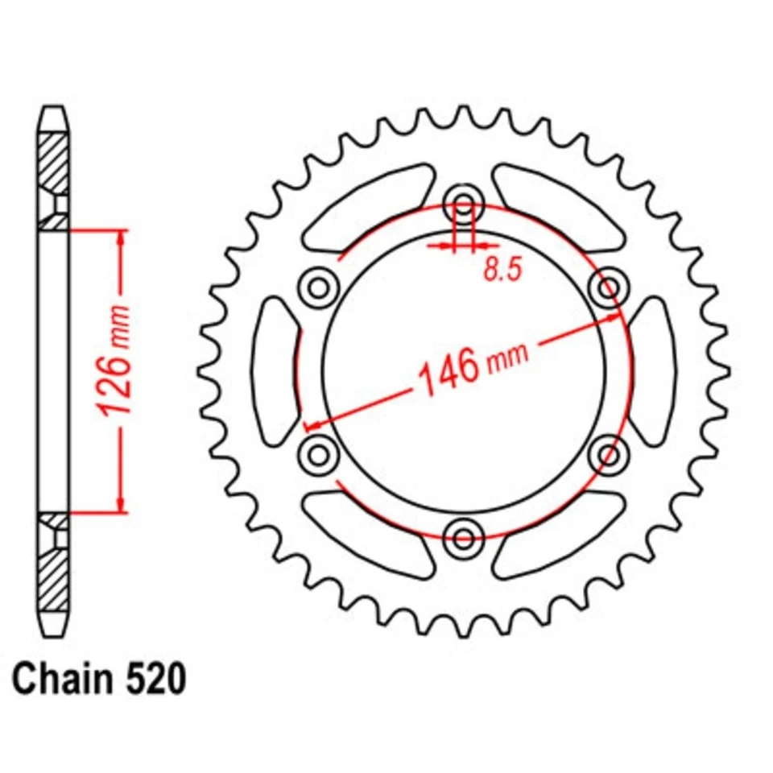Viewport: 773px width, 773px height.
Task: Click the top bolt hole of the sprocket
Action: (464, 200)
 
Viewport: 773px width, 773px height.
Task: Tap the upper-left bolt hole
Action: (317, 285)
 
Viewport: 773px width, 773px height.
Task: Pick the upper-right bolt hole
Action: (609, 287)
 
